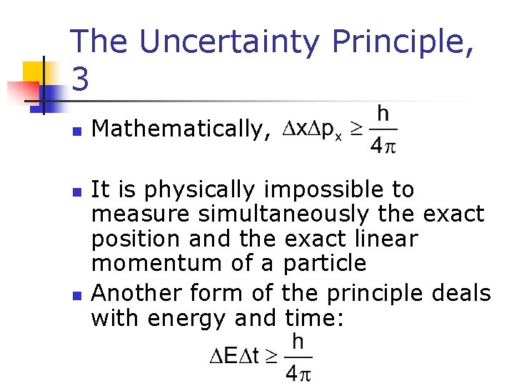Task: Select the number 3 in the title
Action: point(81,80)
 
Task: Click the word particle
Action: point(325,262)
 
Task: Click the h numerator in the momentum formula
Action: point(383,115)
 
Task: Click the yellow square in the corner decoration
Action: point(34,72)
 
